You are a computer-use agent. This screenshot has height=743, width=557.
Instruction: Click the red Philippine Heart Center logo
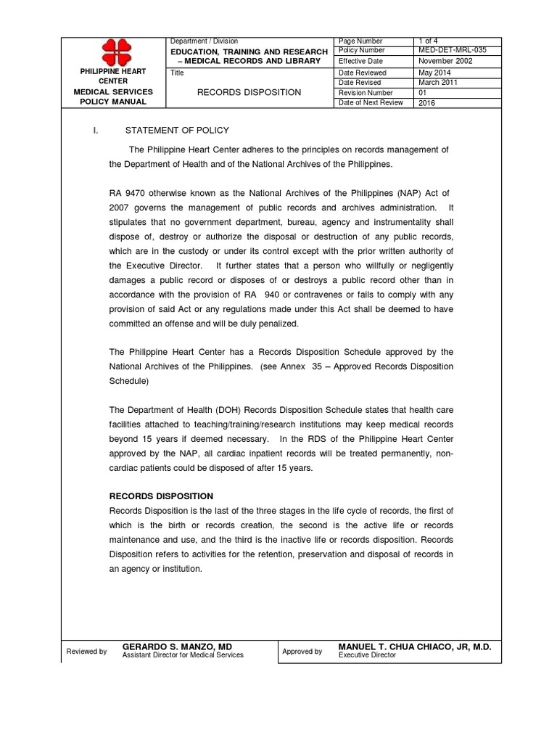click(x=114, y=52)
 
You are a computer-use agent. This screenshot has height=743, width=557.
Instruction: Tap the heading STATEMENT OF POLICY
click(x=177, y=130)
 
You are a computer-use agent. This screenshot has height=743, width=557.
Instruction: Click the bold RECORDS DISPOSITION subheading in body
click(x=161, y=496)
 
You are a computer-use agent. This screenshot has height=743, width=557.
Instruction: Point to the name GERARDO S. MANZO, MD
click(x=177, y=646)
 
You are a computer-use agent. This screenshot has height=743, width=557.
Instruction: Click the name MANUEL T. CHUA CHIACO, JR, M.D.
click(x=415, y=646)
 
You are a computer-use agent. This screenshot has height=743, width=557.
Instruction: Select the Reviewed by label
click(x=86, y=652)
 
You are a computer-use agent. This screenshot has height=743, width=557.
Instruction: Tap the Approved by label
click(x=302, y=652)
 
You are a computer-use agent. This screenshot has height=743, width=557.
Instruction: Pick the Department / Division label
click(x=203, y=41)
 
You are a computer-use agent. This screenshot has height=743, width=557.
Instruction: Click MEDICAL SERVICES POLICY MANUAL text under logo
click(x=114, y=97)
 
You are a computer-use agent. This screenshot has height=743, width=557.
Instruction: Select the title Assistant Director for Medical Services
click(x=183, y=655)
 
